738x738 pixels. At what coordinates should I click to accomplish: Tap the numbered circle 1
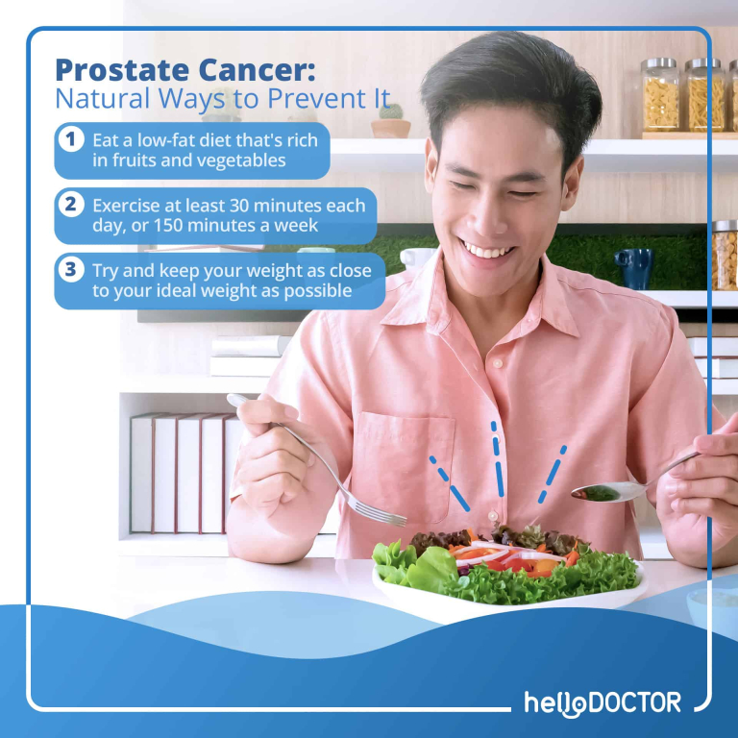[x=71, y=140]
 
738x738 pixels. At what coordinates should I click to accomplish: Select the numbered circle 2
[x=71, y=205]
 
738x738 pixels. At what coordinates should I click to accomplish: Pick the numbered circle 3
[x=71, y=270]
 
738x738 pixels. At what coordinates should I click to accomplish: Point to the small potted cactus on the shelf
[x=391, y=121]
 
